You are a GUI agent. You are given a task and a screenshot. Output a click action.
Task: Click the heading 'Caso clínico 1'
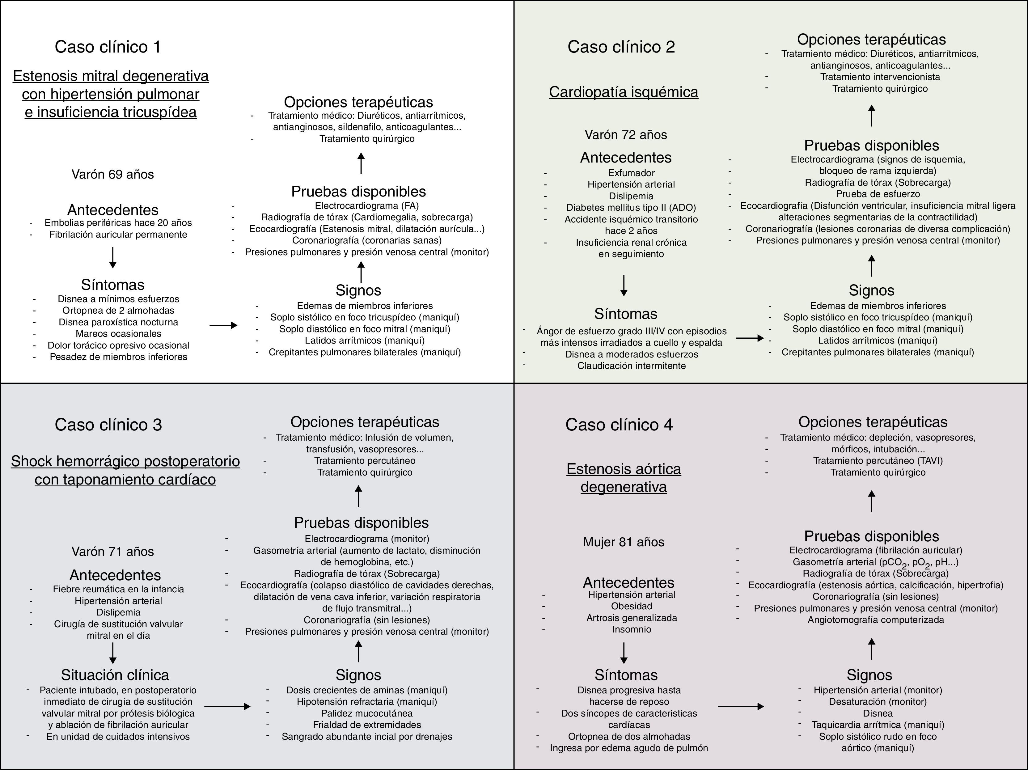[108, 47]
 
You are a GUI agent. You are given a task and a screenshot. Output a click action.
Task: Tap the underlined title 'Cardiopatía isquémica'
[623, 92]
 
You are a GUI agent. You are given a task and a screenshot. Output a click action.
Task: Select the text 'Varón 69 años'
[112, 174]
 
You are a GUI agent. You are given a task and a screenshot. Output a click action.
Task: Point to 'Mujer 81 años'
[623, 542]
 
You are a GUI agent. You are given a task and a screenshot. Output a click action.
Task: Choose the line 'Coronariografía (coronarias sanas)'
[367, 240]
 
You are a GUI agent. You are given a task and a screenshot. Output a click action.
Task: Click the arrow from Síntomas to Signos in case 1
[223, 325]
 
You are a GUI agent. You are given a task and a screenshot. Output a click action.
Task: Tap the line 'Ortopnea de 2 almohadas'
[118, 311]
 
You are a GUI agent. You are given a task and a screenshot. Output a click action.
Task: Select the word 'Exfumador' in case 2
[631, 173]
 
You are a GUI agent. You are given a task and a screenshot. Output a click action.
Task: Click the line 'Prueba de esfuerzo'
[878, 194]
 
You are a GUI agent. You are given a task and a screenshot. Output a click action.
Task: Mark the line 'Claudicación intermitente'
[631, 366]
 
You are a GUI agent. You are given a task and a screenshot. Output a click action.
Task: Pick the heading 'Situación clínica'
[115, 675]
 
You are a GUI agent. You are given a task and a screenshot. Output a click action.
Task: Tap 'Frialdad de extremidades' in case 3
[367, 725]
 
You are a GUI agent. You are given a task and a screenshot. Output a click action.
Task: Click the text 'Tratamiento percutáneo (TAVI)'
[878, 460]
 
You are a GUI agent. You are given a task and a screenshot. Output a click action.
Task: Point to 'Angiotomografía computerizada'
[876, 620]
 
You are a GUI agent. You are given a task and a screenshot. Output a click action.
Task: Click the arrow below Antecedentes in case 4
[624, 653]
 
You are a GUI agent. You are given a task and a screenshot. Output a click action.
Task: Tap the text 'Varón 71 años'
[112, 552]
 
